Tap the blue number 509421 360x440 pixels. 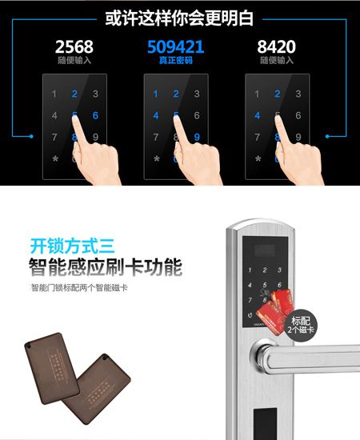(175, 46)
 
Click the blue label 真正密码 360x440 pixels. (175, 60)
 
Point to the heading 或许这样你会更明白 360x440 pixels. (179, 17)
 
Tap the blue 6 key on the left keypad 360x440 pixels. (95, 115)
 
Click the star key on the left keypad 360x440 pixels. (54, 158)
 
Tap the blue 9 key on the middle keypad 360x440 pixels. (196, 137)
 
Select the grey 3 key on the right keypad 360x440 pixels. (298, 94)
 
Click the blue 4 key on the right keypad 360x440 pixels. (257, 115)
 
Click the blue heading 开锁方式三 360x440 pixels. (62, 246)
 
